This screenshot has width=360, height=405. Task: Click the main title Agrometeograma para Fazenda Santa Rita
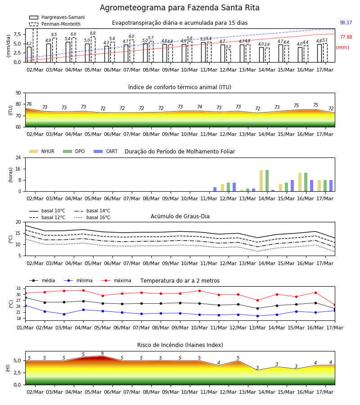[180, 8]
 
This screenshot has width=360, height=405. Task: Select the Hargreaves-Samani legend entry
[57, 17]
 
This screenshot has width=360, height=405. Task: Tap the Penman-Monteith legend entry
[55, 24]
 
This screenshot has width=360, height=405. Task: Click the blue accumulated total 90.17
[346, 23]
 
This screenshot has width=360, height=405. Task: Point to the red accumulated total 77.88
[346, 37]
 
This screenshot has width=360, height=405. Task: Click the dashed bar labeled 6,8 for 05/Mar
[93, 49]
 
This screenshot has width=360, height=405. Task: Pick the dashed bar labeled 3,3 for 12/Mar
[229, 56]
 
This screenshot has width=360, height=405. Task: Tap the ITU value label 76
[29, 104]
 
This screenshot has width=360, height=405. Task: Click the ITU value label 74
[200, 106]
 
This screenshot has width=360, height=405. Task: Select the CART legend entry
[105, 151]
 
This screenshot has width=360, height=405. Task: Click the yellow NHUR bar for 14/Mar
[261, 181]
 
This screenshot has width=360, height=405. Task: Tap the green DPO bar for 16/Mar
[306, 182]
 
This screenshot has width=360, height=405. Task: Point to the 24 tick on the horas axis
[18, 157]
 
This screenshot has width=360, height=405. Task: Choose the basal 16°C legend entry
[92, 217]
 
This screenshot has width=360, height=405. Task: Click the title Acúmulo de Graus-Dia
[180, 216]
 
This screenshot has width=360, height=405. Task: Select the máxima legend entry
[116, 280]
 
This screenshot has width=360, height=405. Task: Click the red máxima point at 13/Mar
[257, 301]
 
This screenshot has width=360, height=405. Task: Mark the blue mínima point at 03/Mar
[64, 315]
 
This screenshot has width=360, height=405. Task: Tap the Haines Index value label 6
[103, 353]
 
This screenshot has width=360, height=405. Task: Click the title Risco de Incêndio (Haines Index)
[180, 345]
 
